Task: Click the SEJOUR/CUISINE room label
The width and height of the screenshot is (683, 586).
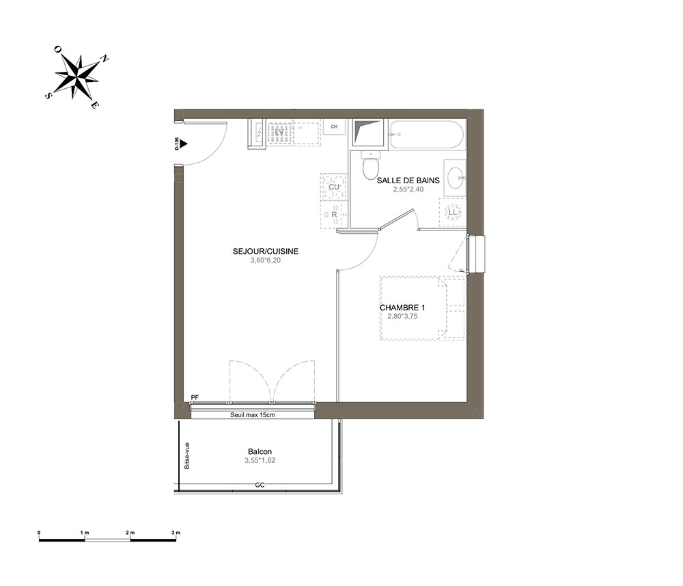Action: tap(265, 251)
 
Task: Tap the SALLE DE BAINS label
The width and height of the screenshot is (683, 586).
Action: tap(408, 180)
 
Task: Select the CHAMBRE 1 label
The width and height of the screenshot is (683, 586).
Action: tap(402, 308)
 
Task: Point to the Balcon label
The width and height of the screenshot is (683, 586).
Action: tap(260, 452)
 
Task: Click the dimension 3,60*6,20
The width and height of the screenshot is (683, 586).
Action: tap(266, 261)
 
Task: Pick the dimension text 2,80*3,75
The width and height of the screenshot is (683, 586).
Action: tap(402, 316)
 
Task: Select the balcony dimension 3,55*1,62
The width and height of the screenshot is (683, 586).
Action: tap(260, 460)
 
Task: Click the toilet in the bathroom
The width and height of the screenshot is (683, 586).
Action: tap(371, 165)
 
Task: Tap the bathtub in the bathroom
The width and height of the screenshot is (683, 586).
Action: tap(426, 135)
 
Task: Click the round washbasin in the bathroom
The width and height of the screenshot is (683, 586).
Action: tap(455, 178)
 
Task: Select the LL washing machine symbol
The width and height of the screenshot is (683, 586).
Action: tap(453, 212)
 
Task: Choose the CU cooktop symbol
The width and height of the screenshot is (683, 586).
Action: tap(334, 187)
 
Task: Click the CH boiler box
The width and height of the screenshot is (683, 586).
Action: tap(334, 126)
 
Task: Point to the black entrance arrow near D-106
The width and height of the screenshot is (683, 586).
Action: tap(184, 143)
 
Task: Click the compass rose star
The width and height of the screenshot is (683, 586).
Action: tap(76, 76)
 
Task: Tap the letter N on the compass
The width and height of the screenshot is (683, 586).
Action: tap(104, 59)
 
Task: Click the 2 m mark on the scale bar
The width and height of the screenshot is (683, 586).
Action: tap(130, 533)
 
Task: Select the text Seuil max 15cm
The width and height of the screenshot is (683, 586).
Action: tap(253, 414)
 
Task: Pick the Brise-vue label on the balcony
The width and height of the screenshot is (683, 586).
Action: tap(187, 455)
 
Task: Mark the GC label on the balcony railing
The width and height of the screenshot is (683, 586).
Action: tap(260, 485)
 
